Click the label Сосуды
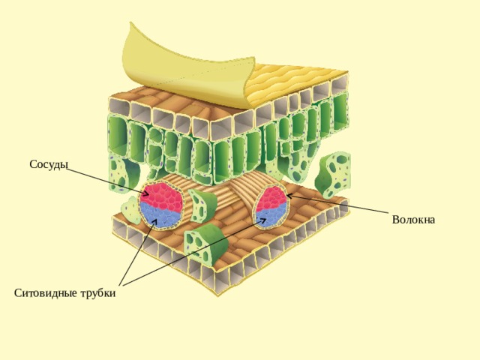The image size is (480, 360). point(49,165)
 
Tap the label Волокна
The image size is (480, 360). point(413,220)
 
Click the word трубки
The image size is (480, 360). point(98,293)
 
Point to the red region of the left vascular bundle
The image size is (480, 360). point(161,196)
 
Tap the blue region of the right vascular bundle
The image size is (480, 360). point(271,217)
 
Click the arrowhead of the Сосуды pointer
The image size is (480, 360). point(146,193)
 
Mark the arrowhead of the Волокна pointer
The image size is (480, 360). point(289,196)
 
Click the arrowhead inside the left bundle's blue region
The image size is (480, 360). point(155,222)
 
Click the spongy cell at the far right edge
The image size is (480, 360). point(334,175)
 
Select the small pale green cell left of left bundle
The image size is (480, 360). point(131,210)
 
